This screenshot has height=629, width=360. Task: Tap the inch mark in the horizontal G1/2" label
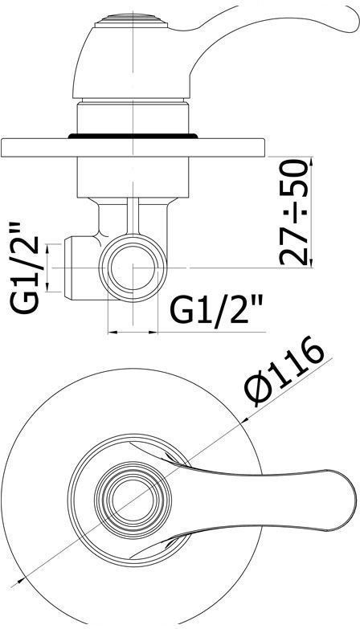[260, 298]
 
